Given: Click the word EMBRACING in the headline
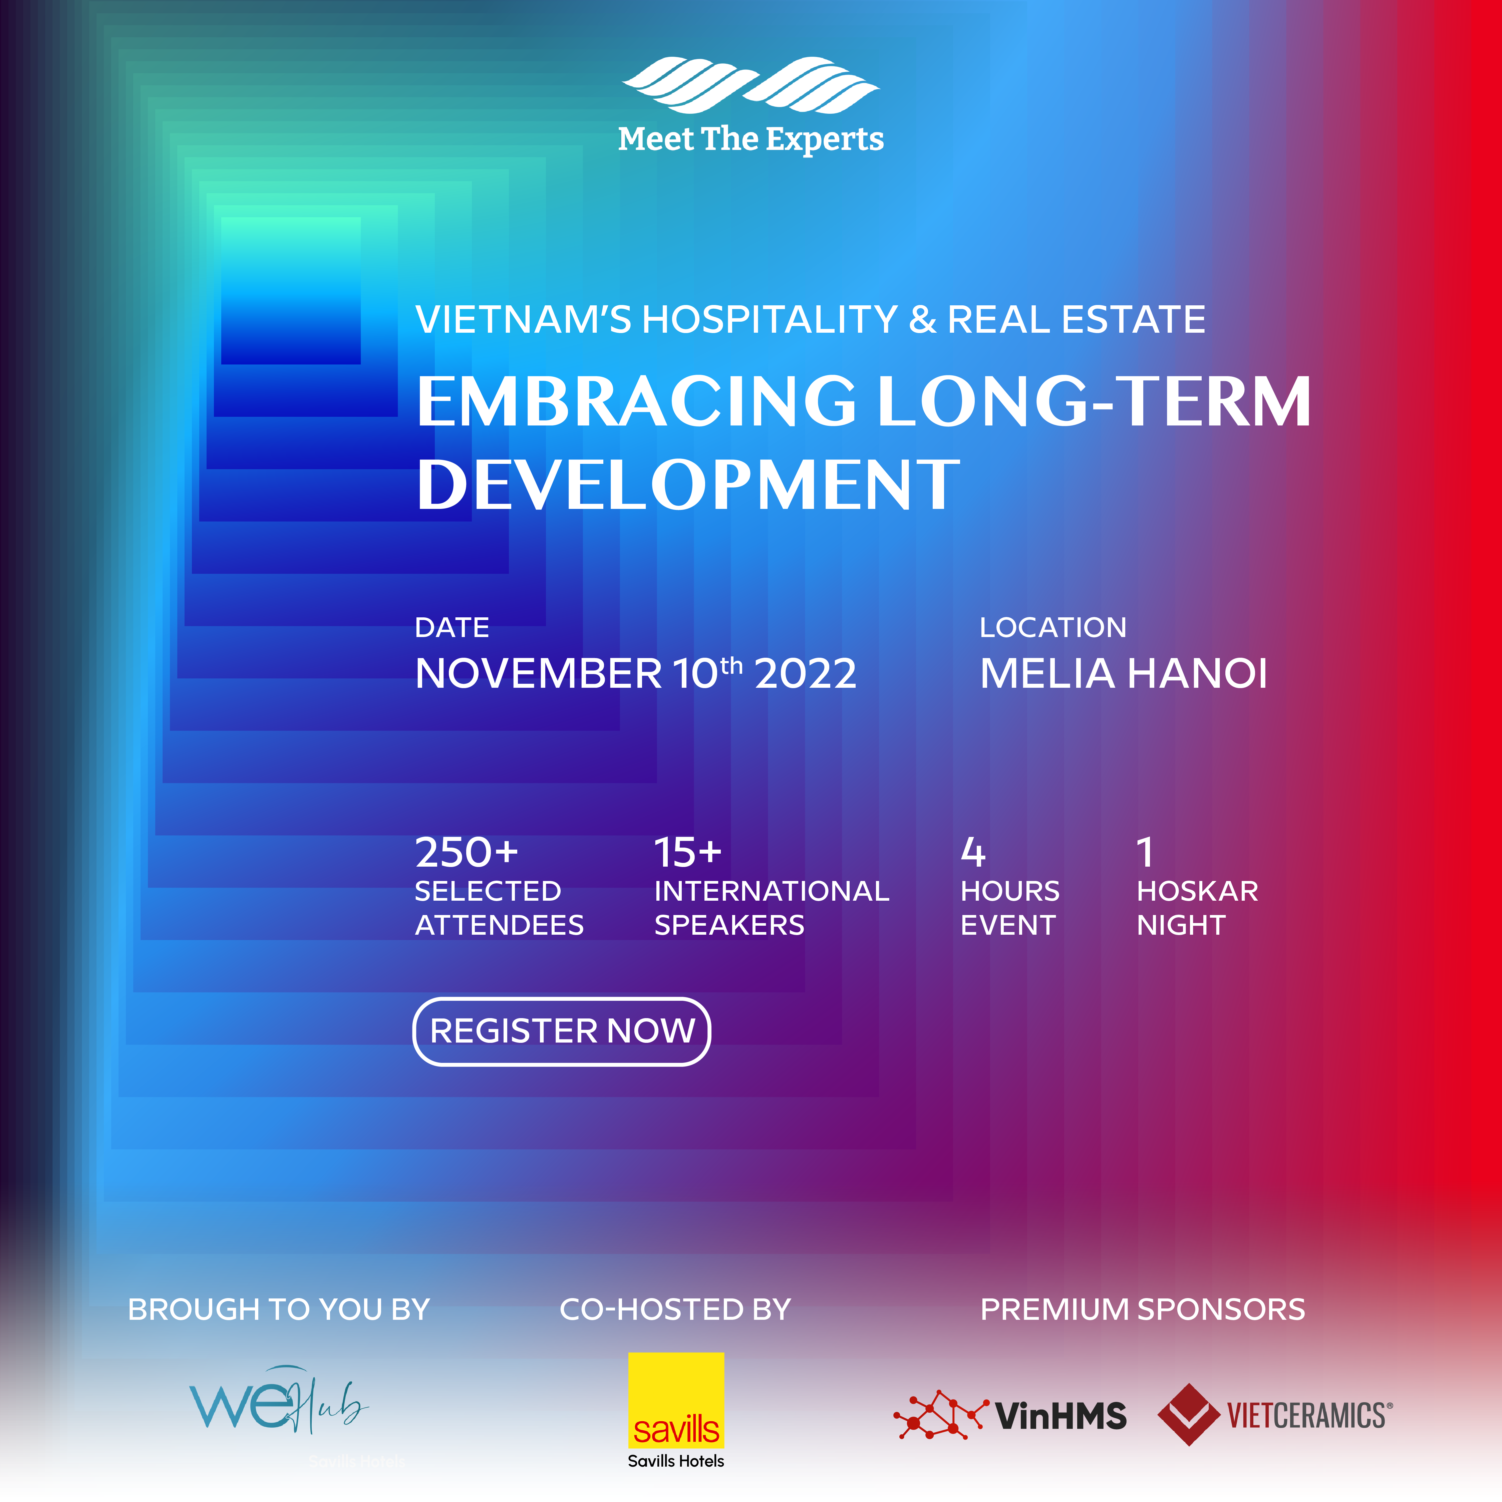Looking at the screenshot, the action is click(636, 401).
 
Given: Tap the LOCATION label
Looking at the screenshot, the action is click(1053, 627).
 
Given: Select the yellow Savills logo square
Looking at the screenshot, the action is click(676, 1400).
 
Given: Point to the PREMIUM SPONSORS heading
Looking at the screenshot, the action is click(1143, 1309).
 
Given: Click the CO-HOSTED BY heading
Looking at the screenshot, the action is click(675, 1309).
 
